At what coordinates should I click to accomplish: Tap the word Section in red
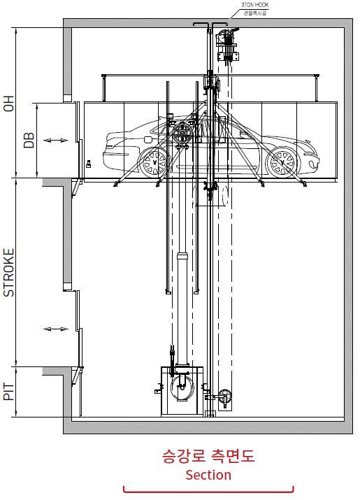[208, 475]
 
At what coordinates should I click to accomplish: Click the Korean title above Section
[208, 457]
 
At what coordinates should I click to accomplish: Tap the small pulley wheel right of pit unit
[224, 397]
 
